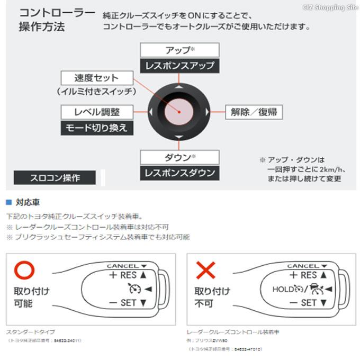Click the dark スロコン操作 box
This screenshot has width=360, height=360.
(55, 178)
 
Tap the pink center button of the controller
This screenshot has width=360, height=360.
(179, 112)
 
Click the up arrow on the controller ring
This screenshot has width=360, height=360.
(179, 86)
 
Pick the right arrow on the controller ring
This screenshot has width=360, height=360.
(206, 112)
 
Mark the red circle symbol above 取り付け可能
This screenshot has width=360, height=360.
(24, 271)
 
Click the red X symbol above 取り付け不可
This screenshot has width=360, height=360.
(205, 271)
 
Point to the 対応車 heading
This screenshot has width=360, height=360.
(28, 203)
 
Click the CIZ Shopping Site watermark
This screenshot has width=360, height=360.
(331, 6)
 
